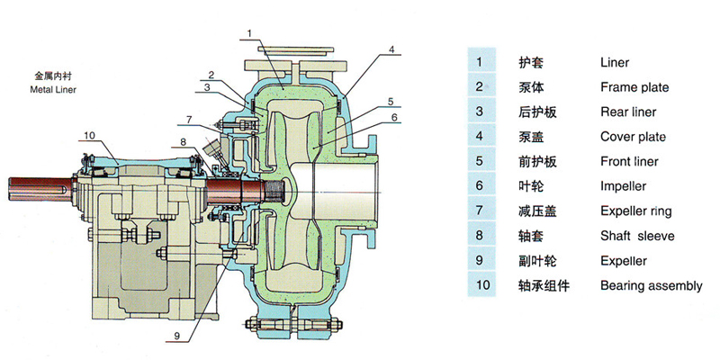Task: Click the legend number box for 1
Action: (481, 62)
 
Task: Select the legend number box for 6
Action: (481, 186)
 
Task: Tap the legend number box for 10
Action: (481, 285)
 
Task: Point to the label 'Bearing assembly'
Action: (651, 285)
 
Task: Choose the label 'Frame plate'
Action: (634, 87)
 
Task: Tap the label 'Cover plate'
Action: (633, 137)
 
